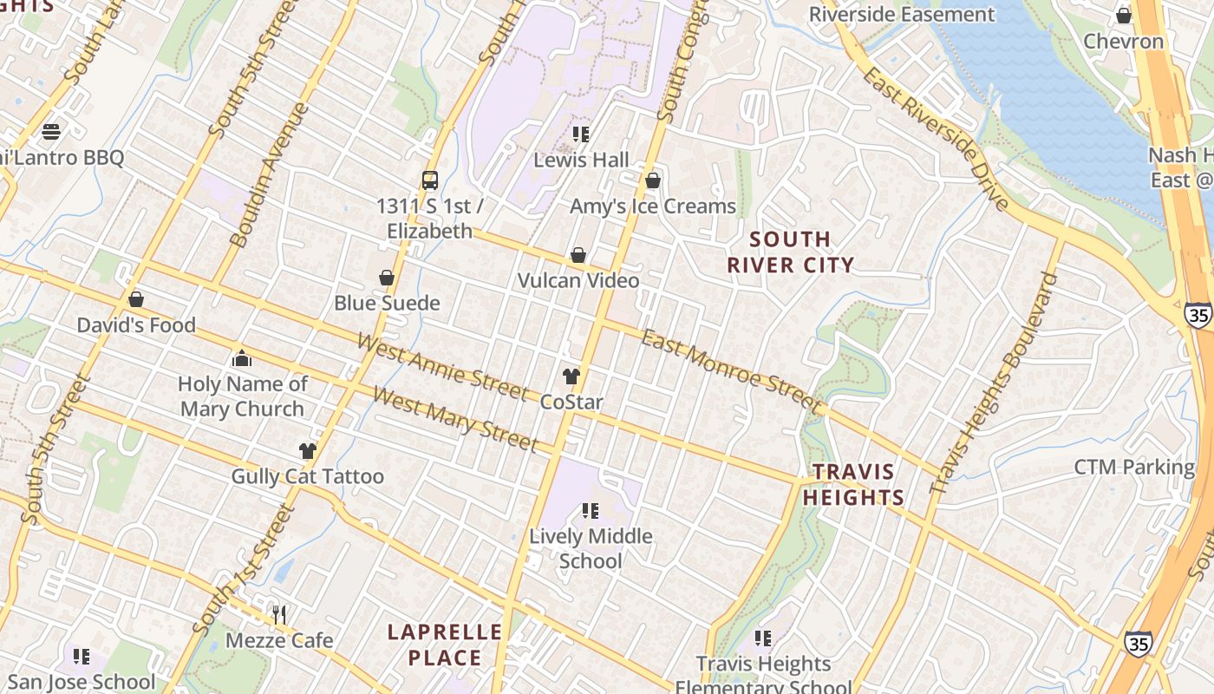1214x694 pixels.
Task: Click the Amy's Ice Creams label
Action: [652, 206]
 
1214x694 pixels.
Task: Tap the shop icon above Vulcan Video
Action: [578, 256]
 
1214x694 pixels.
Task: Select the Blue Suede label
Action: [387, 303]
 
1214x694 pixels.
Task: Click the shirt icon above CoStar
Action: [571, 376]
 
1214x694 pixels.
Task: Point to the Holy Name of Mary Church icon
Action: [242, 358]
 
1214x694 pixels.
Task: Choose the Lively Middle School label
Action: [591, 548]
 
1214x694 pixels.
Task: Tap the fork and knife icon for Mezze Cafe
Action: [279, 615]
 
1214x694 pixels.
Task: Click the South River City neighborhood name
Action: [790, 252]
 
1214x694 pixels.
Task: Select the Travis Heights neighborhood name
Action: [853, 485]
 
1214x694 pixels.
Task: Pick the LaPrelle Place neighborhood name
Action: [444, 645]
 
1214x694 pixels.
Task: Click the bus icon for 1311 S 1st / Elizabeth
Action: [430, 180]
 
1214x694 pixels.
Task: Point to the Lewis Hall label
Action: [581, 160]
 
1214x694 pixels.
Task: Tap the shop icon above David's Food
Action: [136, 300]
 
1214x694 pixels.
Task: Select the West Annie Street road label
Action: [442, 369]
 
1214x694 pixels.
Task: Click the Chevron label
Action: [1123, 41]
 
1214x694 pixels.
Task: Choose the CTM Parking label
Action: [1134, 468]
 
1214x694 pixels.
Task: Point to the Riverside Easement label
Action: [902, 15]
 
